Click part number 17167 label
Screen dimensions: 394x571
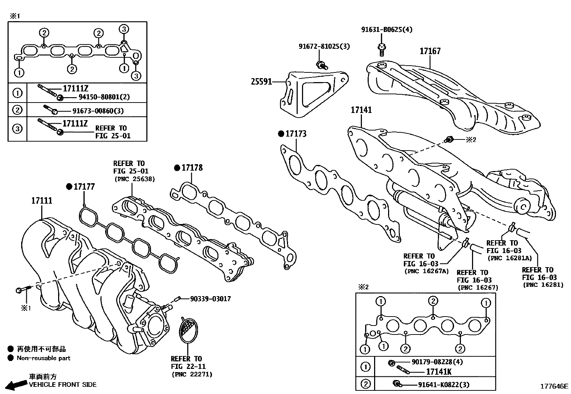coord(430,51)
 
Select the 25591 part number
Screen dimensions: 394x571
coord(261,82)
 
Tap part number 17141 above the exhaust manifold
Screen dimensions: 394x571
coord(361,110)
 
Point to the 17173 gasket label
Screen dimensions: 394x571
coord(296,134)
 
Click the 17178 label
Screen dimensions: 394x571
coord(192,168)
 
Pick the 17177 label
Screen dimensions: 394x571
coord(84,186)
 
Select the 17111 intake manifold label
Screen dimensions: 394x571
coord(42,201)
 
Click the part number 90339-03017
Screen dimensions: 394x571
coord(210,299)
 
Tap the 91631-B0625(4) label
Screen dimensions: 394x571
coord(387,29)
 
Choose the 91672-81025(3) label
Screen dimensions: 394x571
coord(324,46)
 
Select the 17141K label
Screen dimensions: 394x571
coord(439,372)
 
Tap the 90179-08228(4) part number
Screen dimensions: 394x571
coord(437,362)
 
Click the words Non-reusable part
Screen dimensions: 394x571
coord(43,358)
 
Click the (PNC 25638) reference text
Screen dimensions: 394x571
coord(135,179)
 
